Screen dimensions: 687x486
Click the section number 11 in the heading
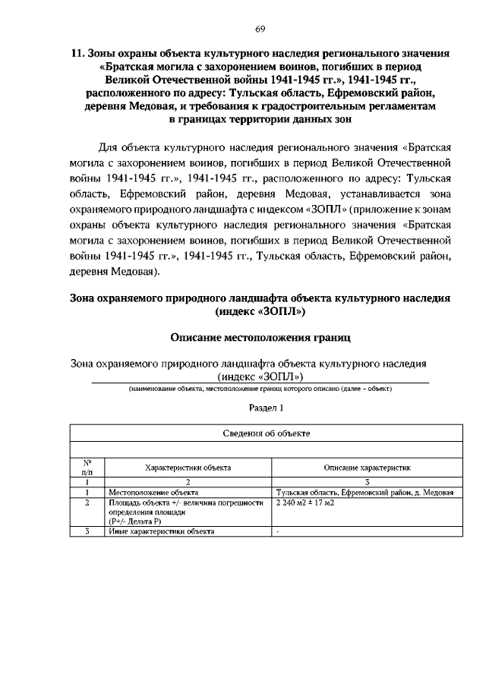[x=75, y=54]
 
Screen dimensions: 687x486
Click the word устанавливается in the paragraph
[x=377, y=192]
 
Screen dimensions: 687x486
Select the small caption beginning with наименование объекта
[x=260, y=389]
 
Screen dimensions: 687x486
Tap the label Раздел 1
[x=260, y=408]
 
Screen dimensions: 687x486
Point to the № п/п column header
[x=87, y=467]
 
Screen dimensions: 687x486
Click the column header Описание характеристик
[x=367, y=468]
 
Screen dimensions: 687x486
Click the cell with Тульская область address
[x=364, y=493]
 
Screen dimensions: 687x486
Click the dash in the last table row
[x=279, y=531]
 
